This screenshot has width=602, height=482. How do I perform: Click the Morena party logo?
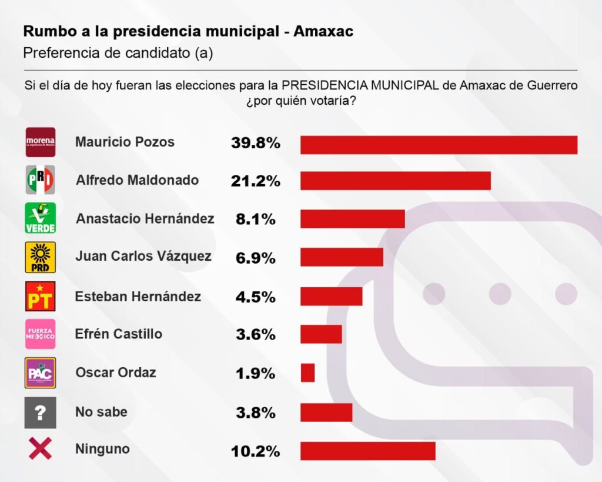pyautogui.click(x=41, y=142)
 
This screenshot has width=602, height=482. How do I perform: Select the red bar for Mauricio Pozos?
pyautogui.click(x=439, y=145)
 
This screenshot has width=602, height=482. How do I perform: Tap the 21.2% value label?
pyautogui.click(x=255, y=181)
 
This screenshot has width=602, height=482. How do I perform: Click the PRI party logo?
pyautogui.click(x=41, y=180)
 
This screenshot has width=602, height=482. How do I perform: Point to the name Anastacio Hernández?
pyautogui.click(x=145, y=218)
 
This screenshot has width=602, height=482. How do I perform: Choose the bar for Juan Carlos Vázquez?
pyautogui.click(x=342, y=257)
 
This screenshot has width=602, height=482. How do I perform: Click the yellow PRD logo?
pyautogui.click(x=41, y=257)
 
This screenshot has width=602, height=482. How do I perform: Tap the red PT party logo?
pyautogui.click(x=41, y=296)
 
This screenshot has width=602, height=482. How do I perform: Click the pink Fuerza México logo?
pyautogui.click(x=41, y=334)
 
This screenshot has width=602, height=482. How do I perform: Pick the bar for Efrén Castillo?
pyautogui.click(x=321, y=334)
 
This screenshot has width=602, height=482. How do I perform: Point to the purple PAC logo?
pyautogui.click(x=41, y=373)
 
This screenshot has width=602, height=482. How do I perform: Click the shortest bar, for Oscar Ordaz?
pyautogui.click(x=307, y=373)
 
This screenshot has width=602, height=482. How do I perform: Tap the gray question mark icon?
pyautogui.click(x=41, y=412)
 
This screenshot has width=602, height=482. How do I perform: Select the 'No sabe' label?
pyautogui.click(x=101, y=412)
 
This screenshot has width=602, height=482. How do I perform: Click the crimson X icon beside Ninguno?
pyautogui.click(x=41, y=450)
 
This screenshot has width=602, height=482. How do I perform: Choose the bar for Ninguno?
pyautogui.click(x=367, y=451)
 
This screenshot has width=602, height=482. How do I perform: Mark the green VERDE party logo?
pyautogui.click(x=41, y=218)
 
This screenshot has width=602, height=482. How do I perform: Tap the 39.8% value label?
pyautogui.click(x=255, y=143)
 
